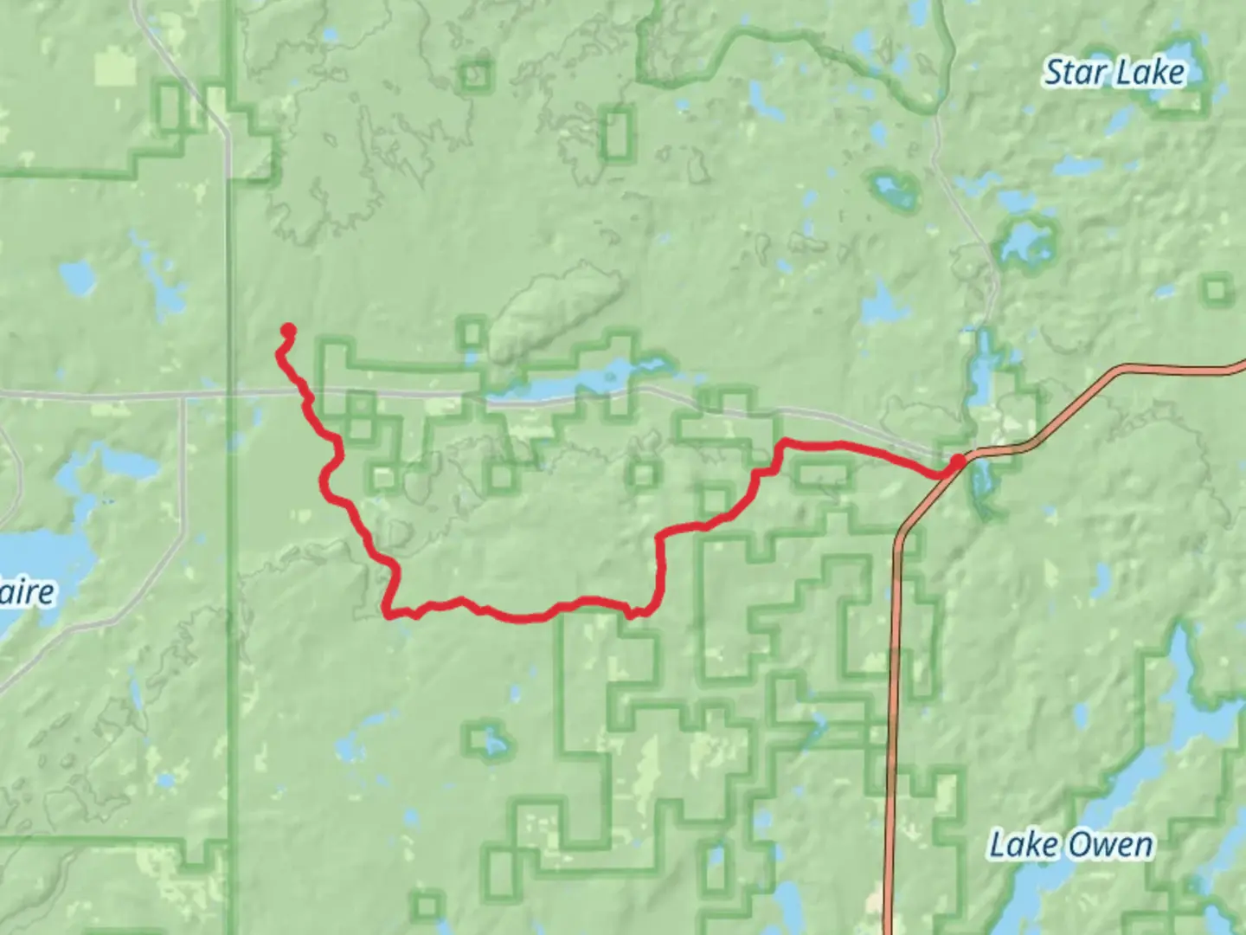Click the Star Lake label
[x=1114, y=72]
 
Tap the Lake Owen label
[x=1070, y=845]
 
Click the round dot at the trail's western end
[x=288, y=330]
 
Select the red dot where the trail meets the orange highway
[x=957, y=463]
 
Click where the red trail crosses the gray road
[x=305, y=394]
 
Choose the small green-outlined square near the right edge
[x=1217, y=289]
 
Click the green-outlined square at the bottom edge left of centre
[x=427, y=906]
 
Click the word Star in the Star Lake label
[x=1075, y=72]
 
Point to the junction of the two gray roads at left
[x=184, y=397]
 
